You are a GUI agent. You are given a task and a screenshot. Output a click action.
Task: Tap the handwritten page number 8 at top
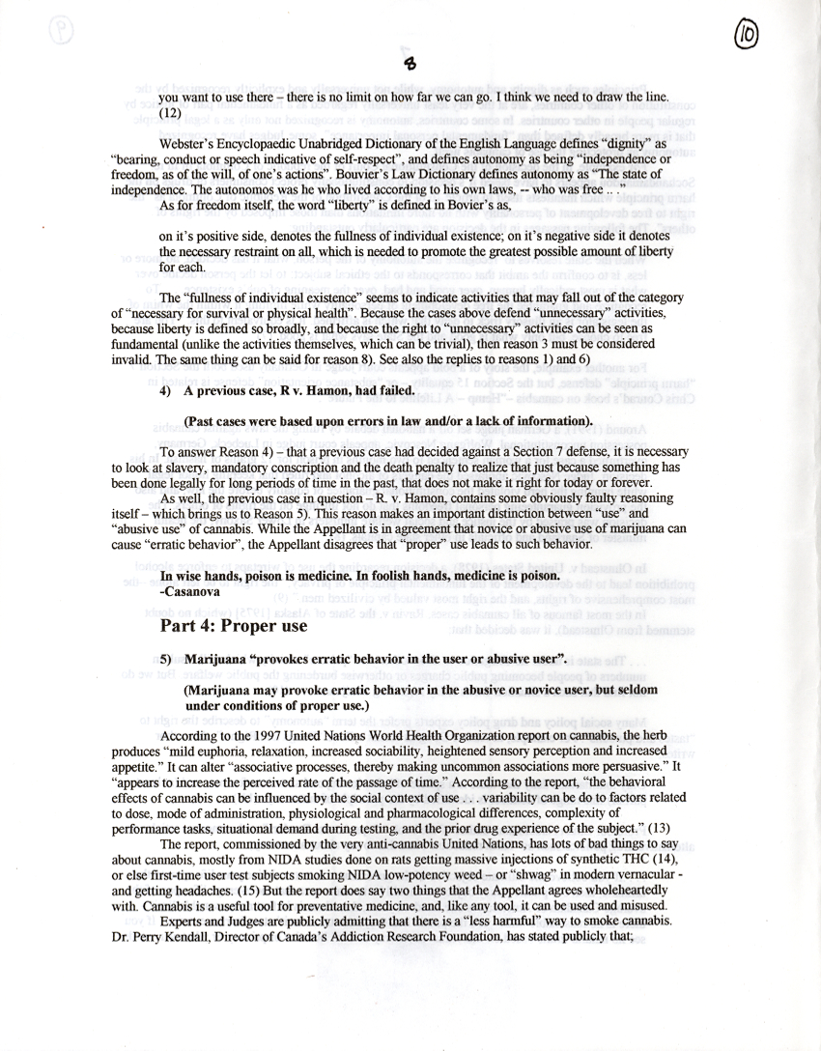410,64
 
